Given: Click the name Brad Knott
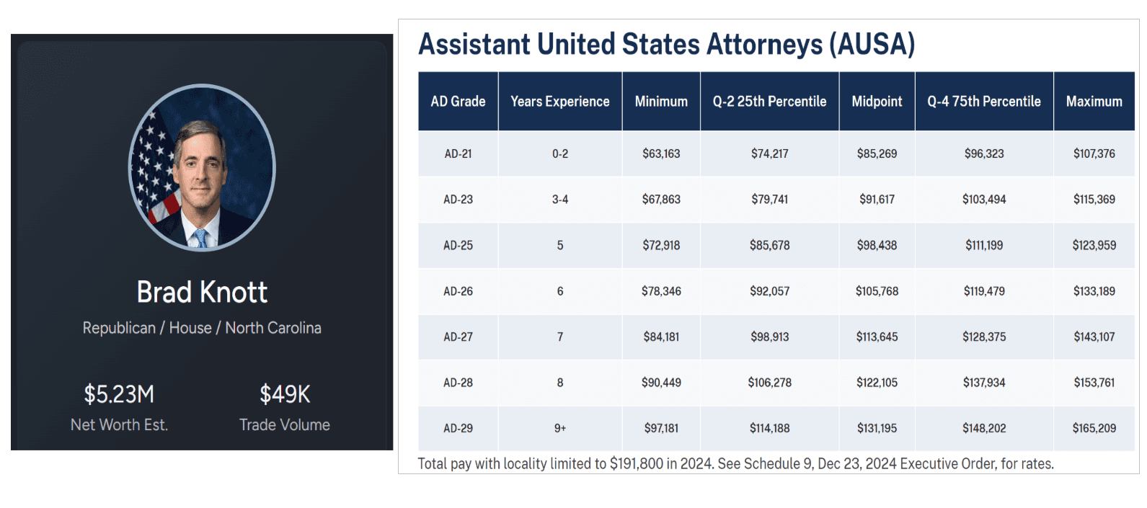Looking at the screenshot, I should (x=202, y=293).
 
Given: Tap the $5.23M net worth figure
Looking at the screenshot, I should (x=119, y=394).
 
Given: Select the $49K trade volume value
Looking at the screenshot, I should (x=285, y=394).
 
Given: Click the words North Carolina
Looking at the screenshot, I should (x=273, y=328).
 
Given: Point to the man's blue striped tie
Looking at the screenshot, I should (x=200, y=239).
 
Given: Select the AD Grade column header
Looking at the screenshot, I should (x=458, y=102).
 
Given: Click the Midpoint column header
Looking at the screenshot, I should (x=877, y=102).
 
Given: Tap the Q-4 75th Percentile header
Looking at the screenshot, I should (x=984, y=102).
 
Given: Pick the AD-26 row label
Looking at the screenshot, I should (x=458, y=291).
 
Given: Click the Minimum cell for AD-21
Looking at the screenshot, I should (x=661, y=153).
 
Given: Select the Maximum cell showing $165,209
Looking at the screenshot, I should (x=1094, y=428).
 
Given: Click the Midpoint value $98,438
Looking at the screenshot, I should (x=877, y=245).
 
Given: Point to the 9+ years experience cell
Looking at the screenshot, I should (x=560, y=428).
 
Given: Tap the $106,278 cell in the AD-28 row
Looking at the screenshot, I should (x=769, y=383).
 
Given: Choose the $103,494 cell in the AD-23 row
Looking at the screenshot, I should (x=984, y=200).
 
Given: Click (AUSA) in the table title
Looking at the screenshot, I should (x=872, y=45).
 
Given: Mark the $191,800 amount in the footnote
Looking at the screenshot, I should (x=636, y=463).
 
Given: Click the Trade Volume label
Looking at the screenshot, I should (x=285, y=425).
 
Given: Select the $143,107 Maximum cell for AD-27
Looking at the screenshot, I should (x=1094, y=337).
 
